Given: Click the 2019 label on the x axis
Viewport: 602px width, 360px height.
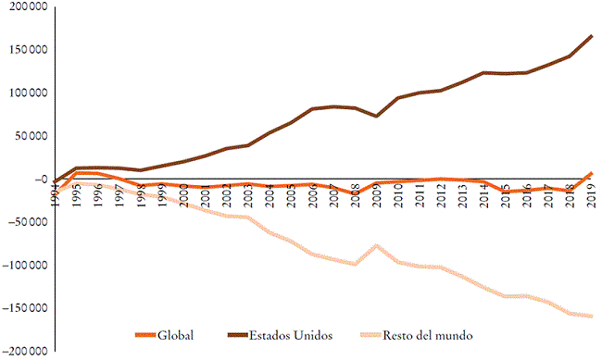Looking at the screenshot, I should pyautogui.click(x=591, y=197).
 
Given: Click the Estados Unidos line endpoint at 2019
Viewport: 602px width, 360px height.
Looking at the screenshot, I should pyautogui.click(x=591, y=36).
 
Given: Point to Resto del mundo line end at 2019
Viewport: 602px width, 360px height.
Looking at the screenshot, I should pyautogui.click(x=591, y=317).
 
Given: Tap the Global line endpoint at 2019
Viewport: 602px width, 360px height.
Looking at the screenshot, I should pyautogui.click(x=591, y=173).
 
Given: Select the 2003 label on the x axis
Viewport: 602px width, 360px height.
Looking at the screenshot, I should pyautogui.click(x=248, y=197).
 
